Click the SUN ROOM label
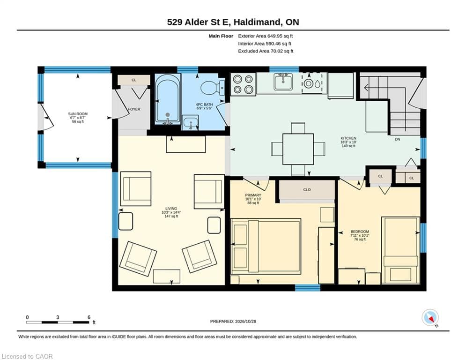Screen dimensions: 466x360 click(78, 113)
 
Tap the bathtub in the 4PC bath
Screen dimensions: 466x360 click(168, 99)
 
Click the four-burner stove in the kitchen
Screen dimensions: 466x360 click(243, 84)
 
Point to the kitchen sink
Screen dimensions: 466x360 click(283, 82)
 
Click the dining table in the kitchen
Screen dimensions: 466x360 click(298, 149)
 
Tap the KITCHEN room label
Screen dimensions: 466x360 click(348, 138)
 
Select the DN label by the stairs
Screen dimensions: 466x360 click(398, 139)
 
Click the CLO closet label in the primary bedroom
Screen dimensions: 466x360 click(307, 189)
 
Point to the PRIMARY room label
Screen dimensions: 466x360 click(253, 195)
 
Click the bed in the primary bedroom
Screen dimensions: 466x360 click(266, 247)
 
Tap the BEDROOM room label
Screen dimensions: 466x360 click(360, 232)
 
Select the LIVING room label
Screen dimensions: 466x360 click(171, 209)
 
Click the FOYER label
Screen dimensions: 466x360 click(134, 109)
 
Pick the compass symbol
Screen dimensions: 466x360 click(430, 318)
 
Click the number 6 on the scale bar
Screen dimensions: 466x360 click(89, 317)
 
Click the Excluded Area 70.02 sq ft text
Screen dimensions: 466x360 click(266, 51)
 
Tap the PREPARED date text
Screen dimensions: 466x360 click(233, 321)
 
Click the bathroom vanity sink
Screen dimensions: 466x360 click(190, 122)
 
